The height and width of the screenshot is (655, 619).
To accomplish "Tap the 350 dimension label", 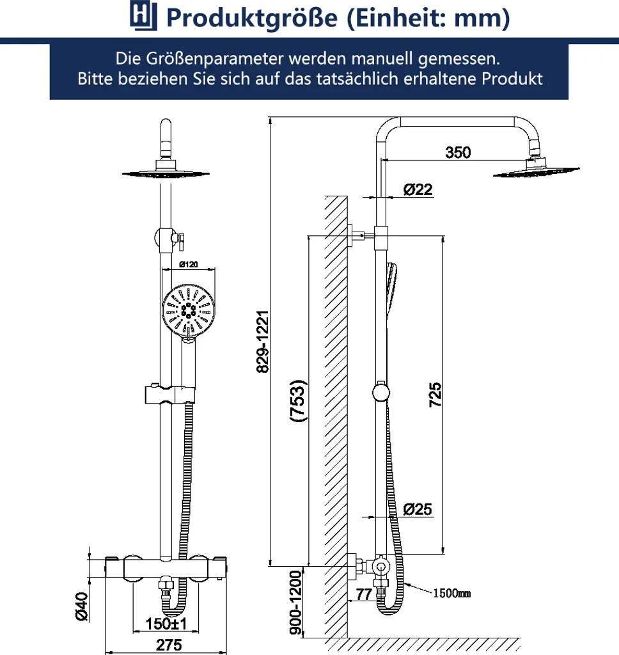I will tap(458, 152).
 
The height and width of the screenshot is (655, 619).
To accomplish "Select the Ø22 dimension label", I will tap(418, 189).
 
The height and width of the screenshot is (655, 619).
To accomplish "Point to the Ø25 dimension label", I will tap(418, 509).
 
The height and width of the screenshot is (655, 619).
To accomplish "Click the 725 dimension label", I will tap(435, 395).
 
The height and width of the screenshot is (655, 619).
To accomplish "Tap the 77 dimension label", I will tap(364, 594).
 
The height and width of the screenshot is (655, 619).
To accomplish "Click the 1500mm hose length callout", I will tap(451, 593).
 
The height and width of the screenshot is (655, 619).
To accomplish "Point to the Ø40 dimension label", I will tap(81, 606).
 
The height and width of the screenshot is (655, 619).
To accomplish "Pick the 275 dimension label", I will tap(169, 645).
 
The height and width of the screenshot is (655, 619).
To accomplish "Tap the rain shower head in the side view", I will tap(536, 169).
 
